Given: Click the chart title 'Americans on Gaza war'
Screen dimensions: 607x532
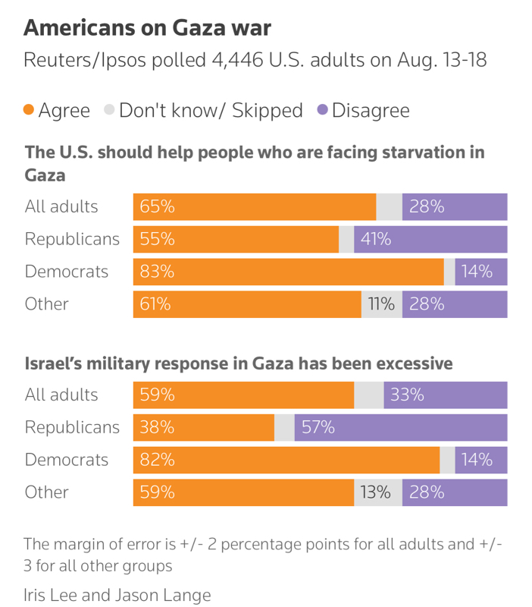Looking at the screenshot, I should pos(147,28).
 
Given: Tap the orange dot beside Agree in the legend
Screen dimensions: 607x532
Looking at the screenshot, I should pos(29,110).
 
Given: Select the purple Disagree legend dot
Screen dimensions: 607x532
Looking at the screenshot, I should pos(322,110).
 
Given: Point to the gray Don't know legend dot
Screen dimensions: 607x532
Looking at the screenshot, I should pos(109,110).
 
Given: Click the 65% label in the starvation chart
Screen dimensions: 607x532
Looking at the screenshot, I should pos(157,206).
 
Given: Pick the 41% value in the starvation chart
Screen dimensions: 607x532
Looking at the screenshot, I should pos(376,239).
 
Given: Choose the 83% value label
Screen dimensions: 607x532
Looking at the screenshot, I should pos(157,272).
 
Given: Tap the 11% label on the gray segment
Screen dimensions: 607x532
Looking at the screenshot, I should pos(381,304).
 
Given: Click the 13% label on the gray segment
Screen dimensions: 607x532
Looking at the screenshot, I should pos(375,492).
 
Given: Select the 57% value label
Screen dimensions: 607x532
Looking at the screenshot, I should pos(318,427).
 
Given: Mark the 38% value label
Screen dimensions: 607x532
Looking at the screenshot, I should pos(157,427).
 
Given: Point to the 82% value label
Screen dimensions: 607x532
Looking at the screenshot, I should pos(157,460).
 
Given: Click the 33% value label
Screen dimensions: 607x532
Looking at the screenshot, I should pos(408,395).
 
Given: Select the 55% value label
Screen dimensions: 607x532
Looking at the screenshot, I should pos(157,239).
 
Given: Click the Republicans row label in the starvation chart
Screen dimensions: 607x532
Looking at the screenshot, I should pos(72,239).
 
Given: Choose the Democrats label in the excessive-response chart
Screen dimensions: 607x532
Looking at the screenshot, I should pos(67,460).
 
